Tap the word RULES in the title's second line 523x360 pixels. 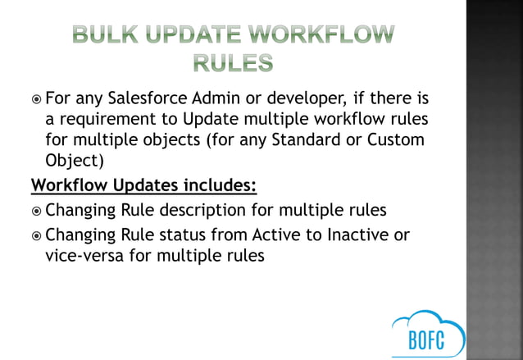pyautogui.click(x=233, y=62)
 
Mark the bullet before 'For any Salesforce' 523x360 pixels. pyautogui.click(x=35, y=101)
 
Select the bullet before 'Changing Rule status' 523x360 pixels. pyautogui.click(x=35, y=237)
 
